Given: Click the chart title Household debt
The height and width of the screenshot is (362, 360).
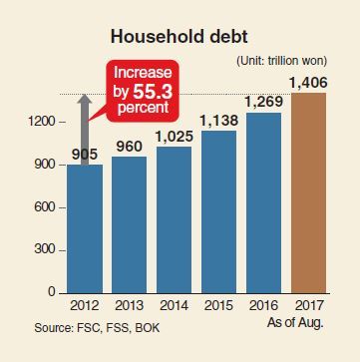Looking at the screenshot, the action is tap(180, 37).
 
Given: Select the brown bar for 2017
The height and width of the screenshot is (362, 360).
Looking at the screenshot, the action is tap(308, 193).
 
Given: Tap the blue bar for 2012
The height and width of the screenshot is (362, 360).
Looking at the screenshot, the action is tap(85, 229).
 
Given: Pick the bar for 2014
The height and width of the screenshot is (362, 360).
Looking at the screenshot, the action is tap(175, 220).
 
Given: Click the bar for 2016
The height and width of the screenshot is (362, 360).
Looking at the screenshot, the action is tap(264, 203).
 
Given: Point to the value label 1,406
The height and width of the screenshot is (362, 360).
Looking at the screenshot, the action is tap(308, 83).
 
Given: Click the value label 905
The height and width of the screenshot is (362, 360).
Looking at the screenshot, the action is tap(85, 155).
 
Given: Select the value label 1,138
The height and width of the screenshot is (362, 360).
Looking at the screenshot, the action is tap(219, 121).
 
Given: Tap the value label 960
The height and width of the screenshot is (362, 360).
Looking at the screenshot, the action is tap(130, 147).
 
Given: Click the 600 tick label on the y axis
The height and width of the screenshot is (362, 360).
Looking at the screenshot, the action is tap(44, 207).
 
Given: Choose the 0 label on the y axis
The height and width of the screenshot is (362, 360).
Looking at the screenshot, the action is tap(51, 292).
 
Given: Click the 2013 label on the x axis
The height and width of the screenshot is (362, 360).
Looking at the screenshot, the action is tap(130, 306).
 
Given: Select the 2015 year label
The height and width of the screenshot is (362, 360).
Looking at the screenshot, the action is tap(218, 306).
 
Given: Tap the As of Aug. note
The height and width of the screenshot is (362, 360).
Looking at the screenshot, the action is tap(295, 322).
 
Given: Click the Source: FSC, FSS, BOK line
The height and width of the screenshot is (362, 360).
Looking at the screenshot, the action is tap(97, 328).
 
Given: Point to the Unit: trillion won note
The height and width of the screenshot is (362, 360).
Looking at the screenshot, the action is tap(282, 61).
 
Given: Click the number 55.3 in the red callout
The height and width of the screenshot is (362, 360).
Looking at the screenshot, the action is tap(153, 92).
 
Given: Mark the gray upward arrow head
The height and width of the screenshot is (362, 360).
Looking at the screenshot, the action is tap(86, 100).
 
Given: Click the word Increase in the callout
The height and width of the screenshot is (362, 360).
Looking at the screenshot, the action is tap(143, 74).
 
